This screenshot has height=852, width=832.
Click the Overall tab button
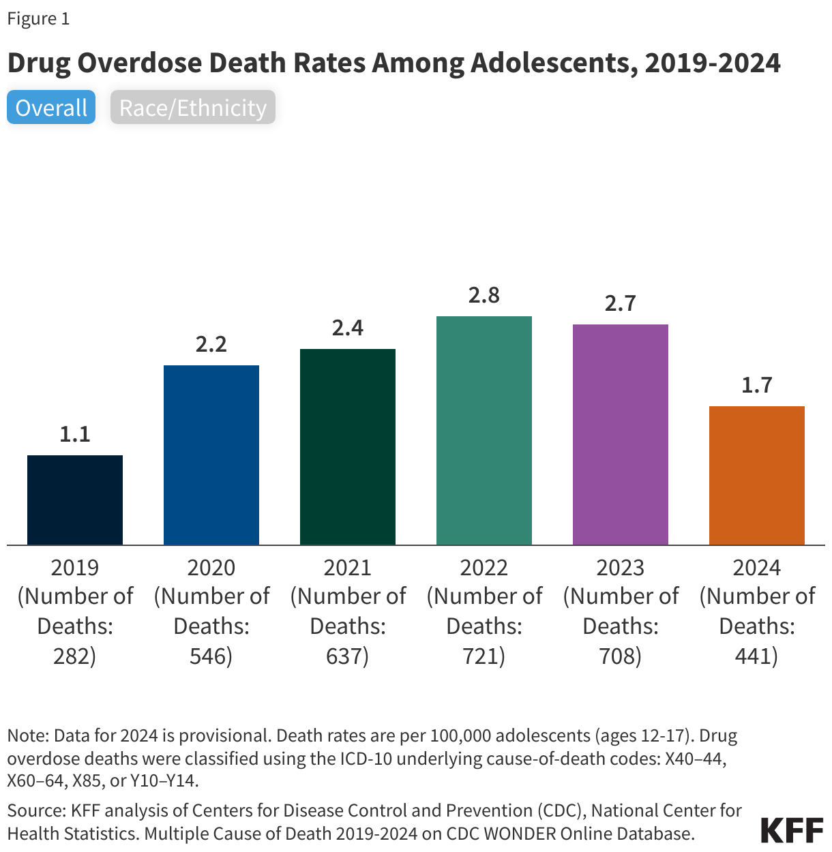(x=51, y=108)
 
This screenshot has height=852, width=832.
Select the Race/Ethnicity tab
(x=193, y=108)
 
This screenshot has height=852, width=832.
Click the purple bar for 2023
(x=621, y=434)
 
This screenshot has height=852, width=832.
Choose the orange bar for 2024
(x=757, y=475)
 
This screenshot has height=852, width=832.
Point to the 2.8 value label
(x=484, y=295)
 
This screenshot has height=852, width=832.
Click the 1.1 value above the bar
(x=75, y=434)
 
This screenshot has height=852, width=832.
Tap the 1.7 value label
(x=757, y=385)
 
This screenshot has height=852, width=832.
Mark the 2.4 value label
(x=348, y=328)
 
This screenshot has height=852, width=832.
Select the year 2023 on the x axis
(x=621, y=567)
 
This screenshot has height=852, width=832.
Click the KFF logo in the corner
(x=792, y=830)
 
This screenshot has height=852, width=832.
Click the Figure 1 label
(x=38, y=18)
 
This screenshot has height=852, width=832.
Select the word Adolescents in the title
(x=552, y=63)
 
